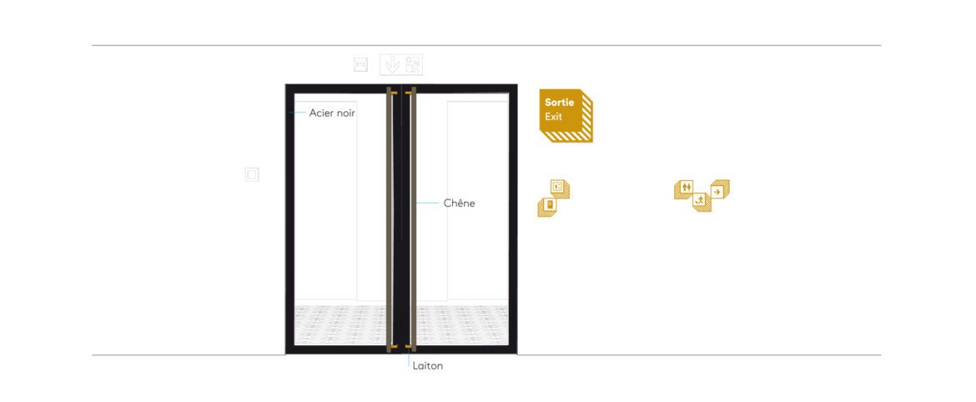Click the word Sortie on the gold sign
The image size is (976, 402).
(x=559, y=103)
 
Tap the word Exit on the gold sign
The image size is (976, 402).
(x=553, y=117)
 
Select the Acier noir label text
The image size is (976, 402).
(x=332, y=113)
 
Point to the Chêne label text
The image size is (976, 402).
(x=460, y=203)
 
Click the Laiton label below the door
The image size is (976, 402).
(x=428, y=366)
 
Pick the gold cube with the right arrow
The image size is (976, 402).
(x=720, y=190)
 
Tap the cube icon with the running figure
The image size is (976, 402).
(x=702, y=202)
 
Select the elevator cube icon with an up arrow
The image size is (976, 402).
(x=560, y=188)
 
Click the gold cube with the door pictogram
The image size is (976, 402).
(x=547, y=207)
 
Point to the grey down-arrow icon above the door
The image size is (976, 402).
(x=391, y=65)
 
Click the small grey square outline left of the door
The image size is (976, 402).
(x=251, y=175)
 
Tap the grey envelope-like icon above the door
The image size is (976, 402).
(x=360, y=64)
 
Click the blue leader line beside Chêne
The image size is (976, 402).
(x=428, y=203)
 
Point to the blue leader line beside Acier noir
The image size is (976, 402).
(x=298, y=113)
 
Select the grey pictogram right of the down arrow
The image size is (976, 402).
(x=413, y=65)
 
